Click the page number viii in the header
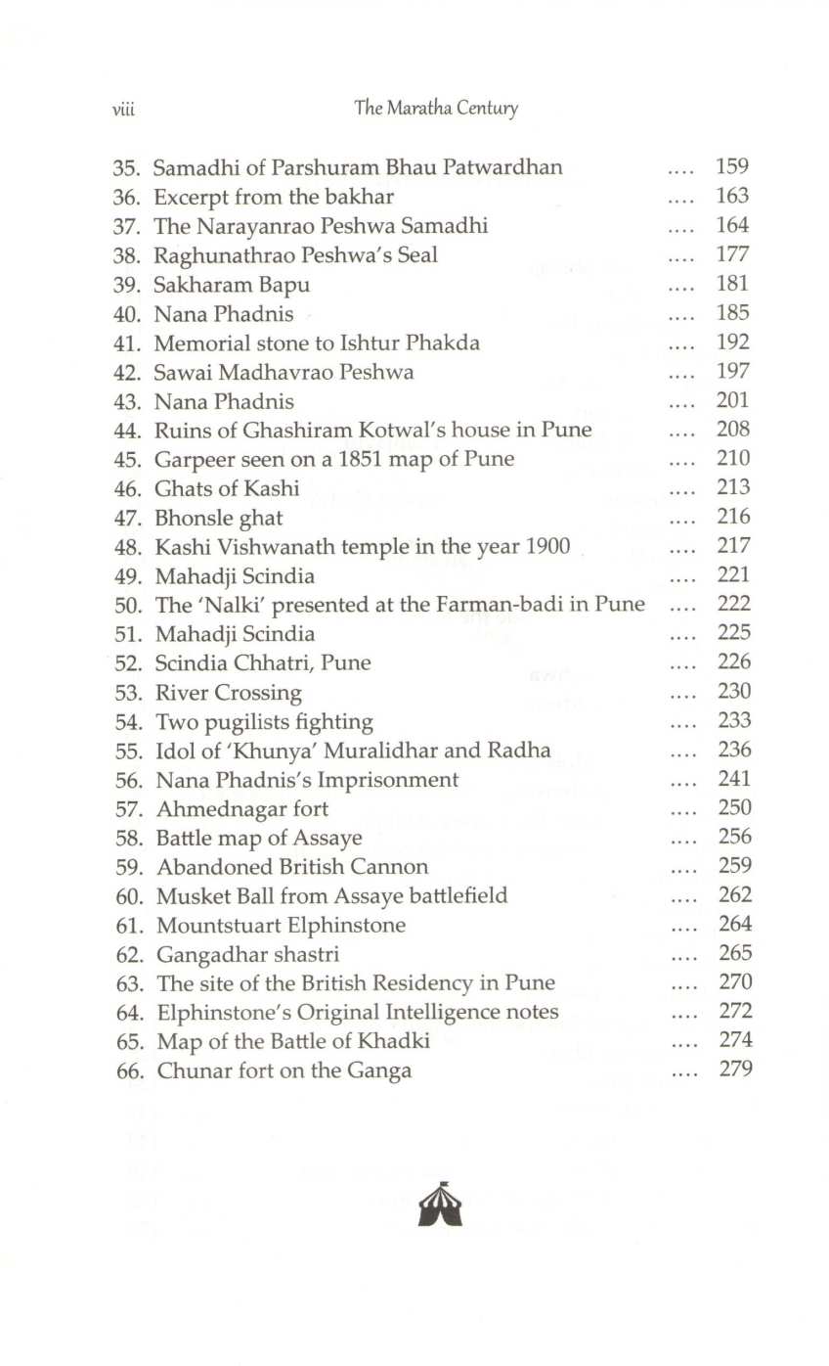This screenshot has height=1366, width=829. pos(122,110)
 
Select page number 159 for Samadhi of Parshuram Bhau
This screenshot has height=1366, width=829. pos(732,166)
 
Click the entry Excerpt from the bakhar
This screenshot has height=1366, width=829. pos(273,197)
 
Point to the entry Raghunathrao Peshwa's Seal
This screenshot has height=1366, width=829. pos(295,255)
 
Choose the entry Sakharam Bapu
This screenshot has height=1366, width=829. pos(231,285)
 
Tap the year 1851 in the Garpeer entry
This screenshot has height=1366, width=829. pos(343,459)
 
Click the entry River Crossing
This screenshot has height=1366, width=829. pos(228,693)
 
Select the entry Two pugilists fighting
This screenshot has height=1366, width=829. pos(264,722)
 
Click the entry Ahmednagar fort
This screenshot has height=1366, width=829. pos(241,809)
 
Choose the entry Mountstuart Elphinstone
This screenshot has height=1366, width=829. pos(281,926)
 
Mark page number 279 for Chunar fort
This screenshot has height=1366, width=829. pos(734,1070)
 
